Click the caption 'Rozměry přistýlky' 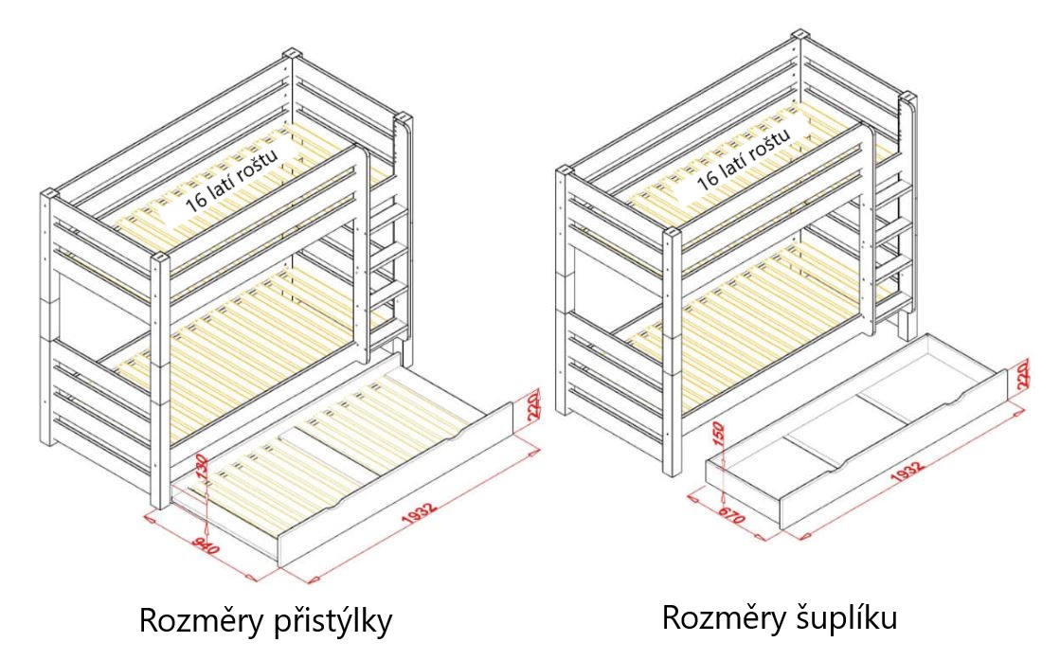265,622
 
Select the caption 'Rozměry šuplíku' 779,617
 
